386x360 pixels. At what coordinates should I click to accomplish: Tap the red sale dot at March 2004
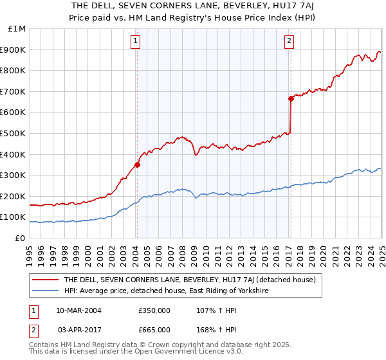[x=137, y=165]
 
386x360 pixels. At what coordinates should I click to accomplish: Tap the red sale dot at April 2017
[x=291, y=98]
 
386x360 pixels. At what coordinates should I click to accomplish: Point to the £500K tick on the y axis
[x=14, y=133]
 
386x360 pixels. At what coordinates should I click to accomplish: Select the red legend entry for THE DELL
[x=189, y=280]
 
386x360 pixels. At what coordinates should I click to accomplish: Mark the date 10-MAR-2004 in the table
[x=79, y=310]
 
